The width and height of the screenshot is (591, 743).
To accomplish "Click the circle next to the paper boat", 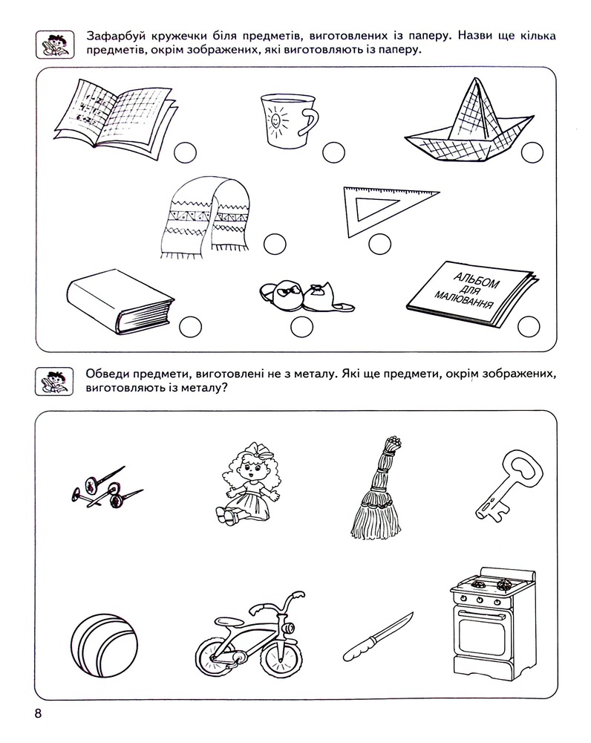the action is [x=532, y=152].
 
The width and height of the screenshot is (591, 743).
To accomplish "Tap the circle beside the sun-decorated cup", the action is [x=334, y=152].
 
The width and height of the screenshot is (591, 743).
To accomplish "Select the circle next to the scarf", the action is [x=275, y=244].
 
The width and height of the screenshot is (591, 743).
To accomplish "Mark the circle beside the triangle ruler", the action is [x=380, y=244].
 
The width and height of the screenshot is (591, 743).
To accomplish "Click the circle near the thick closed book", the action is [x=190, y=327].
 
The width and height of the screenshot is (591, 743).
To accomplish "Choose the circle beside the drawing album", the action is [x=529, y=326].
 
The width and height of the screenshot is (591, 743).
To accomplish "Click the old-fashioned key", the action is [x=508, y=485].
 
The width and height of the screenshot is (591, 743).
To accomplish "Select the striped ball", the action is [x=104, y=646].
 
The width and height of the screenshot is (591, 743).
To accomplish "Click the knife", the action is [x=378, y=637].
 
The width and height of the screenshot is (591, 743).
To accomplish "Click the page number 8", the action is [x=39, y=713].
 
